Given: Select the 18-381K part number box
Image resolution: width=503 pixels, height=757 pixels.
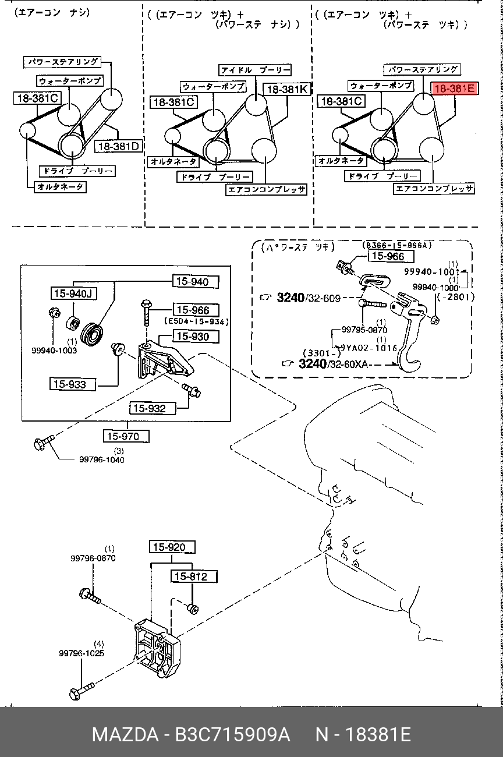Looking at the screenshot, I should coord(287,90).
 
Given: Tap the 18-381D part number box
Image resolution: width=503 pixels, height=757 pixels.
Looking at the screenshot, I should coord(119,146).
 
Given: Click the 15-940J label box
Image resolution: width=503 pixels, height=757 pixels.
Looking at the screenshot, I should coord(72,293).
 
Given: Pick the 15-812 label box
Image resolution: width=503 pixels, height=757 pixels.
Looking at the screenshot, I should coord(194,576).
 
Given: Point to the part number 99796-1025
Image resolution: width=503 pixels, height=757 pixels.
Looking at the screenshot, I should coord(82,653).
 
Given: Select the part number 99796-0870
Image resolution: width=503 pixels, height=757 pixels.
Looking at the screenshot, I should coord(93,558).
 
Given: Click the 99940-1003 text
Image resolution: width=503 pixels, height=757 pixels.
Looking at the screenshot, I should coord(54,351).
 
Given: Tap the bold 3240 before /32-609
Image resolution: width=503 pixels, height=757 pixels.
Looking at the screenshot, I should coord(291,298).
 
